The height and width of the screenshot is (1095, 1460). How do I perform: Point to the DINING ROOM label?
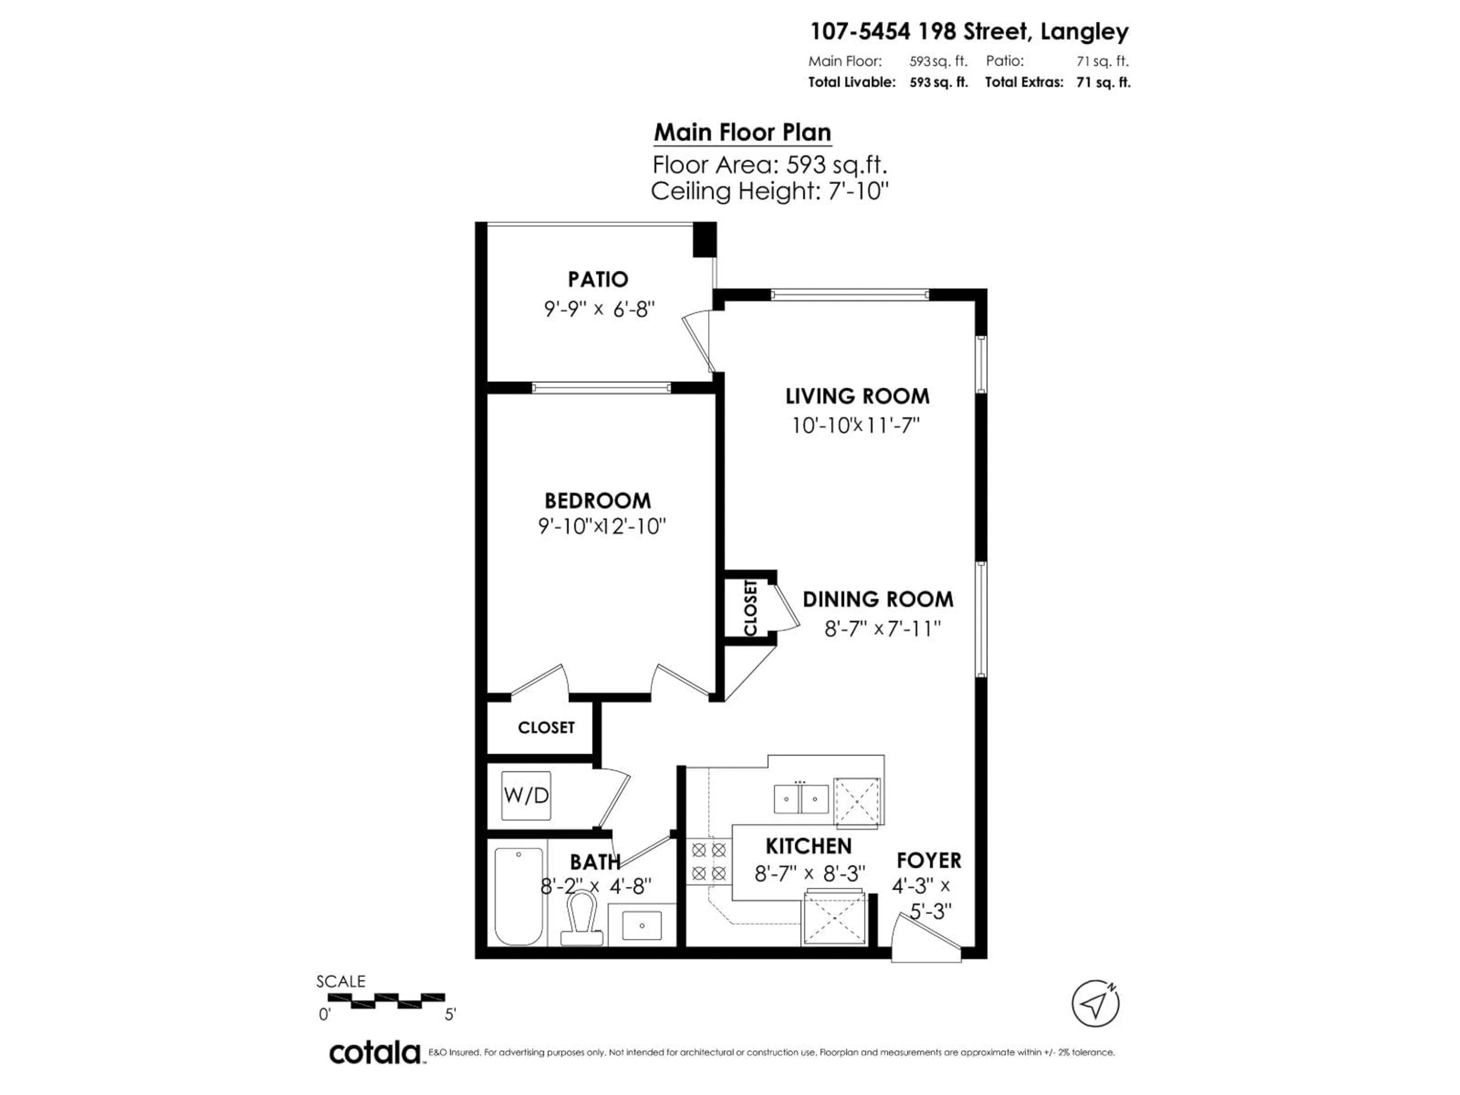878,599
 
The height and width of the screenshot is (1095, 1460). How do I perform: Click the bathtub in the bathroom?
519,896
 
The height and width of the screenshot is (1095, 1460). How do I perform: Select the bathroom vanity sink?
641,925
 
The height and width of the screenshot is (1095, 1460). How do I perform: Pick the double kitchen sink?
801,799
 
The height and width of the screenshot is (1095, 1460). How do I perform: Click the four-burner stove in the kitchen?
709,861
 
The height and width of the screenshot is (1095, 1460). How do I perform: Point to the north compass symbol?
1095,1004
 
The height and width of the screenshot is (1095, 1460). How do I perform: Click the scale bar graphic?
386,1001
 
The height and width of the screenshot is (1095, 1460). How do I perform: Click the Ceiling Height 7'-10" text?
770,191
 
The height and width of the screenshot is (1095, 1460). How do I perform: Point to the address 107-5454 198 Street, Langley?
969,31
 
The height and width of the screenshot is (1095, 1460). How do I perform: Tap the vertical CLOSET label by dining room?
751,607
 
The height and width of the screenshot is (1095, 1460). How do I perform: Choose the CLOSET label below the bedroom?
546,727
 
